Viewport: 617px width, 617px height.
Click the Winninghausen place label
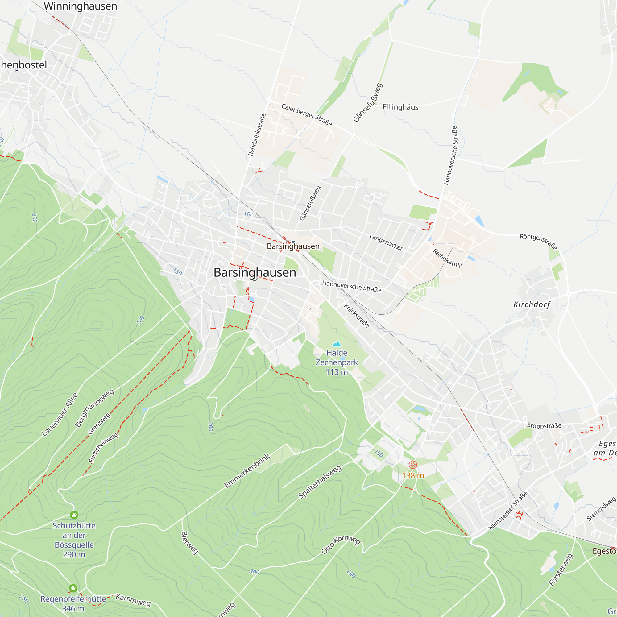pos(80,6)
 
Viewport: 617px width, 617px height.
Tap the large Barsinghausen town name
pos(255,272)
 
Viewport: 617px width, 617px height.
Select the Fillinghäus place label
pos(400,107)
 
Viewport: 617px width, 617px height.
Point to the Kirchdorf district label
pos(532,304)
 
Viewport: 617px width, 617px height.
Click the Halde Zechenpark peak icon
pos(337,344)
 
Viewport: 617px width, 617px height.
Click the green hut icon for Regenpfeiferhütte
pos(73,588)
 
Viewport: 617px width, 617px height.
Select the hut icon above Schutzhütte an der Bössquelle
pos(74,515)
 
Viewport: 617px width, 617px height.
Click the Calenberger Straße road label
pos(307,115)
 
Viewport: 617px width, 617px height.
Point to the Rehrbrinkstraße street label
pos(257,135)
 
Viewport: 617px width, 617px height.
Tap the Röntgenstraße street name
pos(538,242)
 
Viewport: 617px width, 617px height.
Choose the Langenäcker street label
pos(386,242)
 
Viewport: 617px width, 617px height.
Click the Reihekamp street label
pos(447,258)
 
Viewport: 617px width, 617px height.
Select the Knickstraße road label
pos(356,316)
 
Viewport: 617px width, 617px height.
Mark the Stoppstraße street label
pos(544,425)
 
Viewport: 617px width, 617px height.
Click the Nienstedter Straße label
pos(508,511)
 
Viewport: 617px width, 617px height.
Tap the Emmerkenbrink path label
pos(247,471)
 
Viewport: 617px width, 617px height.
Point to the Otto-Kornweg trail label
pos(341,545)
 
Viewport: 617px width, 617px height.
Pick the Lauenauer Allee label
pos(60,415)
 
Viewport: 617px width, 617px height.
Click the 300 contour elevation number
pos(254,572)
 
